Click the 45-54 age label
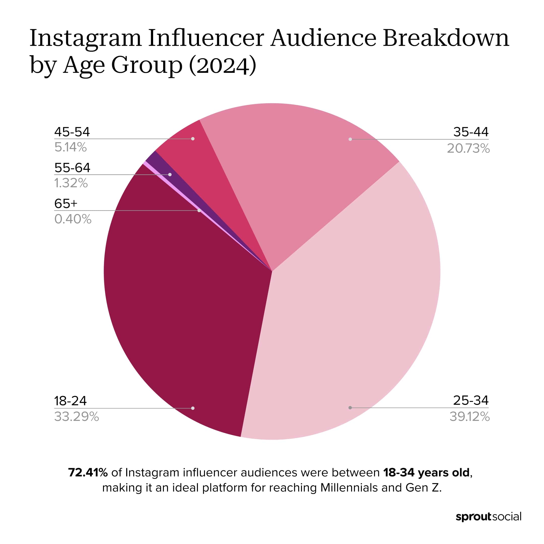72,132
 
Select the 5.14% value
71,147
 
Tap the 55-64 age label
72,168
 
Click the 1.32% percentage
71,183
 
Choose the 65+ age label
65,203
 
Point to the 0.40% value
73,219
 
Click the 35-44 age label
471,132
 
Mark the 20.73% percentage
468,148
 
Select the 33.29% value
76,417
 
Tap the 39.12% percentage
469,417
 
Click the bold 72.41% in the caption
88,472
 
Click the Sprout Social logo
489,517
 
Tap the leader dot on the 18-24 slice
193,408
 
